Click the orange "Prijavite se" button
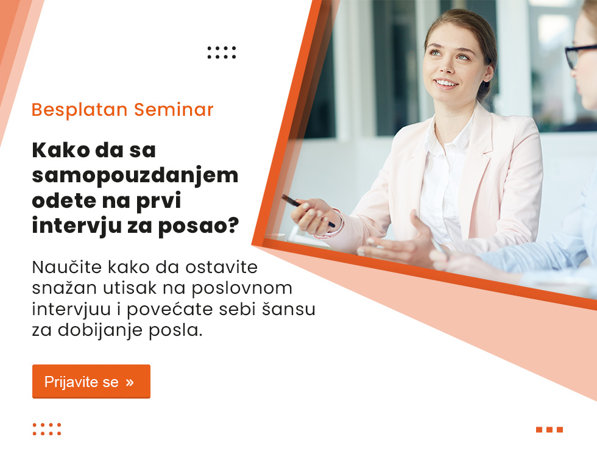pos(91,382)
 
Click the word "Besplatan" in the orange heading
pos(79,110)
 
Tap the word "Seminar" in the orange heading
pos(174,110)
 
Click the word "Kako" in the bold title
pos(61,150)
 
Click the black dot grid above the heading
pos(222,52)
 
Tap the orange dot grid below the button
pos(47,429)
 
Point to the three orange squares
pos(549,430)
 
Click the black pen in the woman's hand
pos(308,210)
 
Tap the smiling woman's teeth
pos(446,83)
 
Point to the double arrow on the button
pos(130,382)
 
